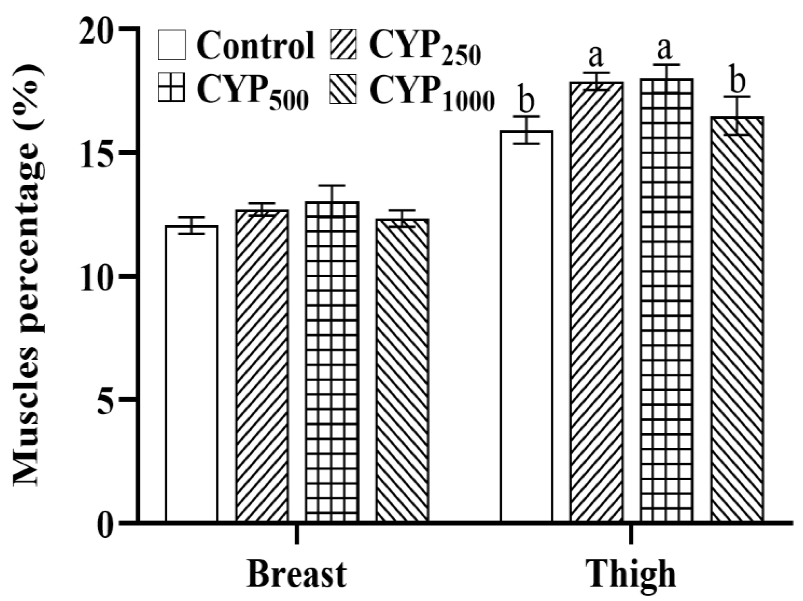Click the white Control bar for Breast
191,374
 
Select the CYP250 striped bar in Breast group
262,366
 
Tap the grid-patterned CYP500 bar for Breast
332,363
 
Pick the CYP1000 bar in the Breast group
402,370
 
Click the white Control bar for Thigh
526,327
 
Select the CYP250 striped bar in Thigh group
596,301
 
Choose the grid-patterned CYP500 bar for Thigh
667,301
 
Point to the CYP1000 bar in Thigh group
737,320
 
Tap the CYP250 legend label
425,49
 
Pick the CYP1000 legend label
432,93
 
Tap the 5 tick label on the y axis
107,399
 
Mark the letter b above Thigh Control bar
526,102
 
